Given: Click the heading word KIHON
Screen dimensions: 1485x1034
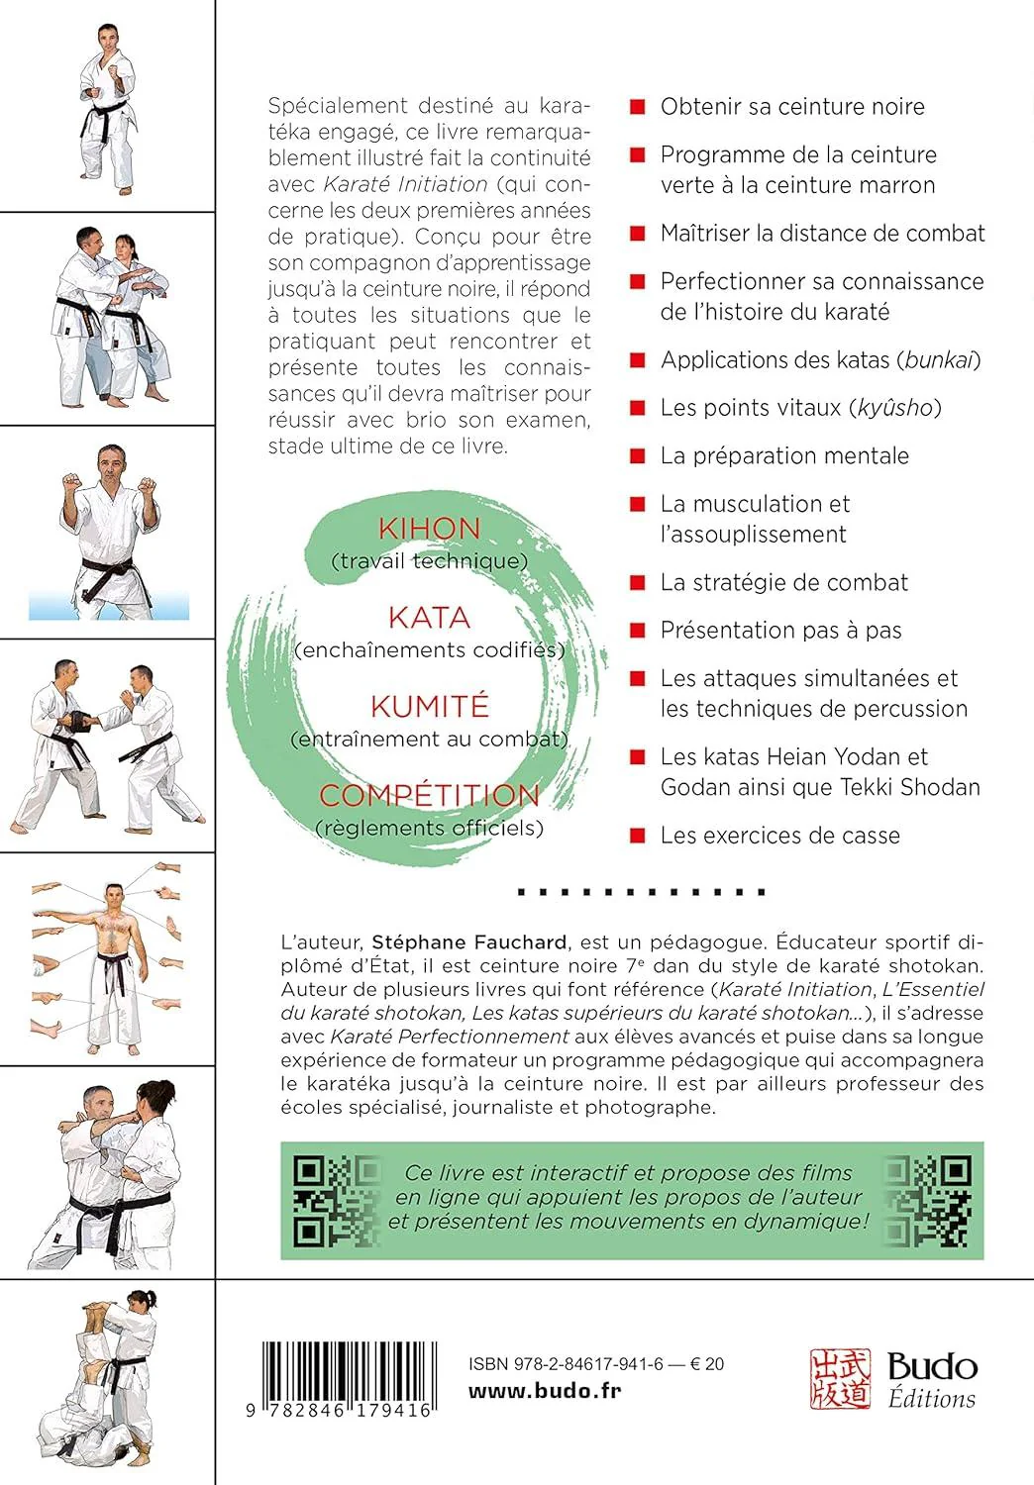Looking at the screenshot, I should coord(429,529).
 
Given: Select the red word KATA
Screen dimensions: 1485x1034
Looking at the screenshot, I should coord(429,618).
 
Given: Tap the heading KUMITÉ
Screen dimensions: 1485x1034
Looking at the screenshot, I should coord(429,707).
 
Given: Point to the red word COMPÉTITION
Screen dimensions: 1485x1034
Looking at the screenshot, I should coord(429,795).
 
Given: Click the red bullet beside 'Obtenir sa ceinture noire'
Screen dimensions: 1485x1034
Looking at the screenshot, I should coord(639,107).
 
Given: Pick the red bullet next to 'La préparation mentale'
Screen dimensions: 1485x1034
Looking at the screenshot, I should coord(639,456).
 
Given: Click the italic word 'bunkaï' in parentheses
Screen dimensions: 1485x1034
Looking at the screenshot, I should coord(938,360).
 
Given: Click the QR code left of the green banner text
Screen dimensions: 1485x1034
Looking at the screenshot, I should coord(337,1200).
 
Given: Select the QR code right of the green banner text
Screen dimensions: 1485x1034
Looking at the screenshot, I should coord(927,1200).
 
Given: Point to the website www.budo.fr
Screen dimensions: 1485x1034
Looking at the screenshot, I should coord(545,1390).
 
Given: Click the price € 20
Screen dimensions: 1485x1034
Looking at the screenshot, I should coord(707,1364).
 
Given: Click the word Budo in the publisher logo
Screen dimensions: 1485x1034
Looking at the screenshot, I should coord(932,1367).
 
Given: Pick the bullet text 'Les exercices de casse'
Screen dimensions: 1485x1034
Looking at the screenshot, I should coord(779,836).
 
